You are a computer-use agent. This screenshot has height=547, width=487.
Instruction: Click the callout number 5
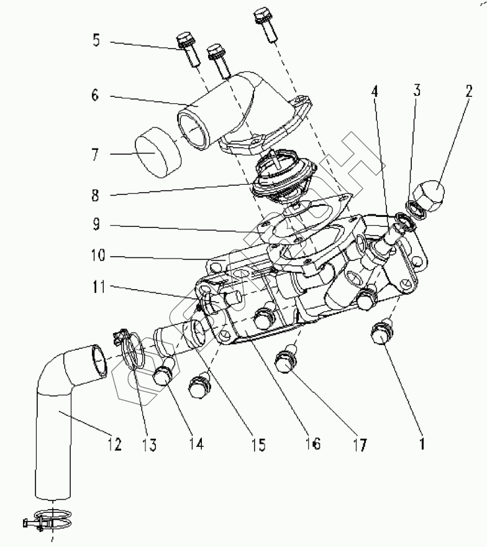[x=96, y=41]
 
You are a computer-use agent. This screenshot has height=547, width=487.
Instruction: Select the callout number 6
[x=96, y=96]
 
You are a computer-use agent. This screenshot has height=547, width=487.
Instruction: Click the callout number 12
[x=114, y=444]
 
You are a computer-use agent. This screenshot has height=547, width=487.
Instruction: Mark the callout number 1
[x=424, y=444]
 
